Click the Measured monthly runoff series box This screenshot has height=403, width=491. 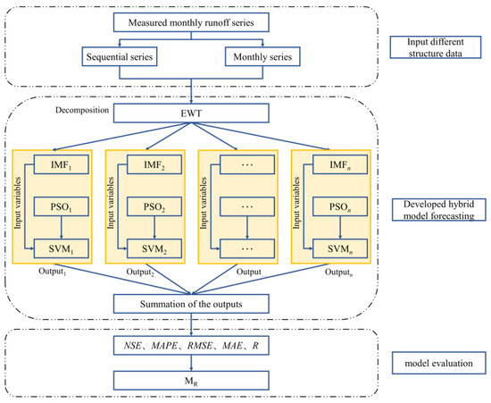tap(191, 22)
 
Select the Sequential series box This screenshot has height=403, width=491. tap(120, 56)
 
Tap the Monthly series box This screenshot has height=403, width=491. tap(262, 56)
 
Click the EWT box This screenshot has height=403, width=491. tap(191, 113)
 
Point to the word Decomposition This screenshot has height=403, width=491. tap(82, 110)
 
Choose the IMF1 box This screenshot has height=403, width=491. tap(61, 164)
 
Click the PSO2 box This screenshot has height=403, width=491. tap(154, 206)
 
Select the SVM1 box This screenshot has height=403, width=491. tap(61, 248)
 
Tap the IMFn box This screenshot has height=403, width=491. tap(340, 164)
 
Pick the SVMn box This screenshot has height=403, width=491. tap(340, 248)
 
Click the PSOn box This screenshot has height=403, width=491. tap(340, 206)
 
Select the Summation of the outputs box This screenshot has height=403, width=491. tap(191, 304)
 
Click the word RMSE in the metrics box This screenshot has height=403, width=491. tap(199, 346)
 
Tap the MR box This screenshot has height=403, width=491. tap(191, 381)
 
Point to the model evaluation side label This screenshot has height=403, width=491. tap(438, 363)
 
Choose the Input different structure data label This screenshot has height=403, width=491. tap(436, 47)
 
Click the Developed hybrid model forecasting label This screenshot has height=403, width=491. tap(438, 210)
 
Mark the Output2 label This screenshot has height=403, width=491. tap(140, 273)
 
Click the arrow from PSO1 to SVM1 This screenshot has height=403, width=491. tap(61, 228)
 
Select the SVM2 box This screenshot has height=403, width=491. tap(154, 248)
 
